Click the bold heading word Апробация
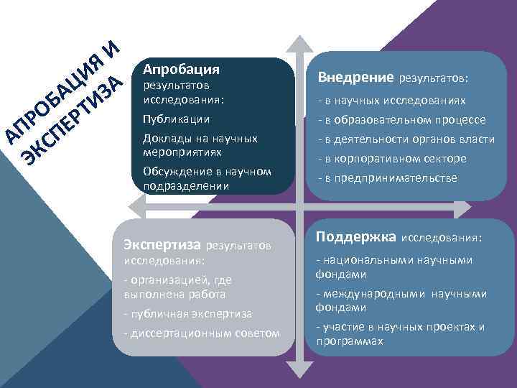pos(181,70)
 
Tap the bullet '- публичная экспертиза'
pos(187,313)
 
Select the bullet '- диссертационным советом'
pos(202,333)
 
